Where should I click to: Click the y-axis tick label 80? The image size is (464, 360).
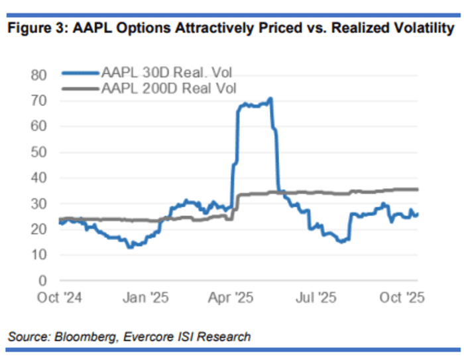coord(40,75)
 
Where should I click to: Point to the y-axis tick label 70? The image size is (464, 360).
coord(40,101)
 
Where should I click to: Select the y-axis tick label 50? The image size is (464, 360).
coord(40,152)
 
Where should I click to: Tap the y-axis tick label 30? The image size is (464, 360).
coord(40,204)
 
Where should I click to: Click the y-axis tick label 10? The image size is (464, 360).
coord(40,255)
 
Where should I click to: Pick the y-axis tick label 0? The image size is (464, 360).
coord(44,280)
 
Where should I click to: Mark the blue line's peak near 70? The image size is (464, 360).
coord(270,99)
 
